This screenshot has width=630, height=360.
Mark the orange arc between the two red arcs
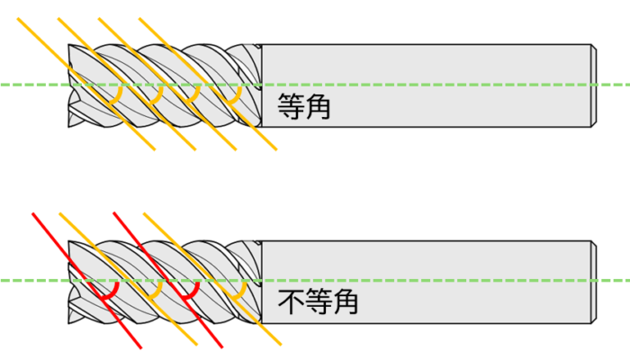pos(155,292)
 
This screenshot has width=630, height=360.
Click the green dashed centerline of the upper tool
pos(405,85)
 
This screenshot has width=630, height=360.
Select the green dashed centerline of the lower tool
pos(405,280)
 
